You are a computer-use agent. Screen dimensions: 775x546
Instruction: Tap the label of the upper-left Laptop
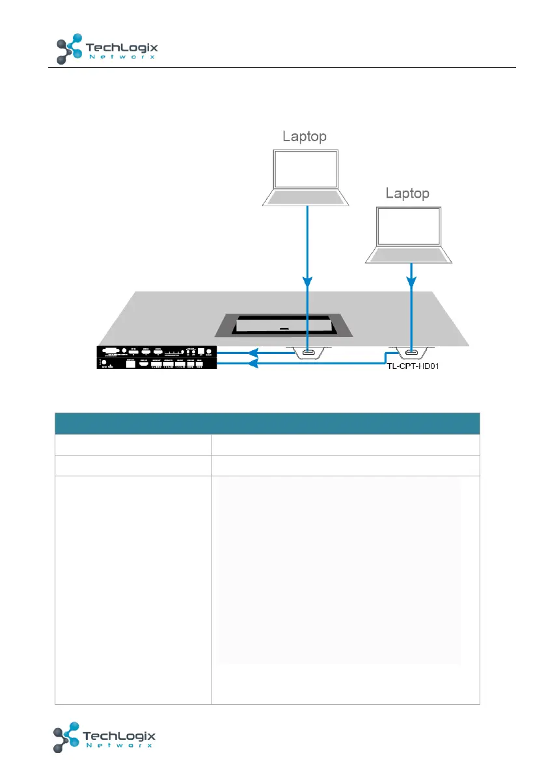tap(304, 136)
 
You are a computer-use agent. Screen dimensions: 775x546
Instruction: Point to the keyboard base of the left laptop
tap(305, 197)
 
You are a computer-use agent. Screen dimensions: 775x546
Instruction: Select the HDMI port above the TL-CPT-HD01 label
tap(410, 353)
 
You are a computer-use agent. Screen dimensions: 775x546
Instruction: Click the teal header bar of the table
tap(267, 423)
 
